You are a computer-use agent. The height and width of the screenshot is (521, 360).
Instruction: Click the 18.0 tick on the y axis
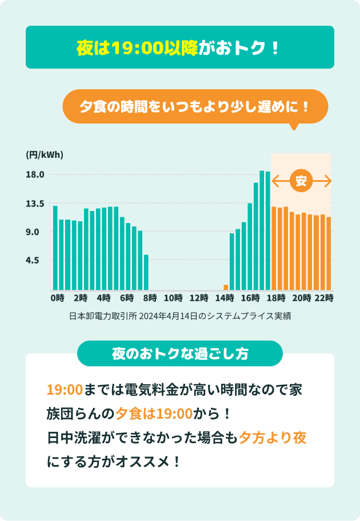(x=35, y=175)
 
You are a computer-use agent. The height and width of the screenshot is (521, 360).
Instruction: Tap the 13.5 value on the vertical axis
(x=35, y=204)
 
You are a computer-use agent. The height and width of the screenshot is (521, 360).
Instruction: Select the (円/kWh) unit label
(x=45, y=155)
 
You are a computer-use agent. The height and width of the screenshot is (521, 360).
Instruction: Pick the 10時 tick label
(x=173, y=298)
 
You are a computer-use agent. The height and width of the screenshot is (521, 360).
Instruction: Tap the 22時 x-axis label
(x=325, y=298)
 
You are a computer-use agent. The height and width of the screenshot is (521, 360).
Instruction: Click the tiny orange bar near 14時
(x=226, y=287)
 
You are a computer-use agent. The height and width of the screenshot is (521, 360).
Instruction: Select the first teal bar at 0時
(x=55, y=248)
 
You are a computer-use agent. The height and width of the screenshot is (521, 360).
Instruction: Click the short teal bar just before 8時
(x=146, y=272)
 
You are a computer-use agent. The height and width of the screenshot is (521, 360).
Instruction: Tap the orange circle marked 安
(x=301, y=182)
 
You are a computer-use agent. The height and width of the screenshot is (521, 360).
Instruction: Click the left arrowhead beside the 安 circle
(x=275, y=182)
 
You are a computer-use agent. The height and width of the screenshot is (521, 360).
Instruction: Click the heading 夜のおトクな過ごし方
(x=179, y=353)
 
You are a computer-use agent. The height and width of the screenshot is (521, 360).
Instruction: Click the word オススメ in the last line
(x=144, y=461)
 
